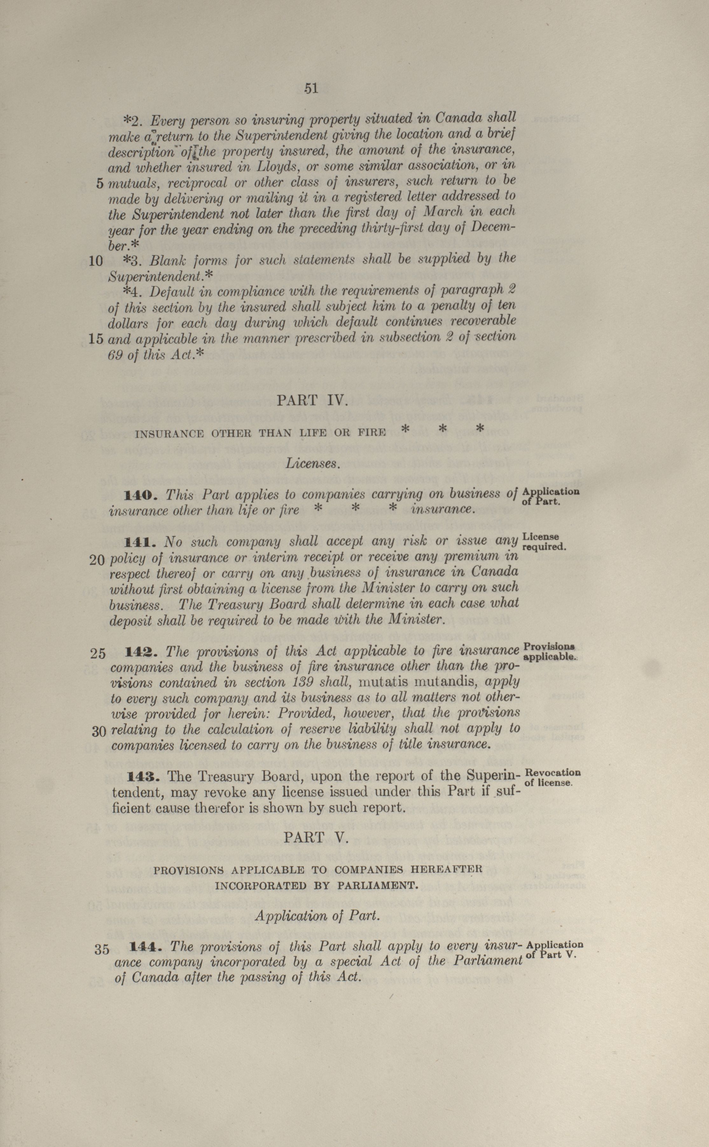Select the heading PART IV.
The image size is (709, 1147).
point(312,400)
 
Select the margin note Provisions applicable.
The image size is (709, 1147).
point(550,651)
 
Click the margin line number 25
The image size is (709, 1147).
point(98,653)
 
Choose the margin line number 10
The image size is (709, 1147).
point(96,261)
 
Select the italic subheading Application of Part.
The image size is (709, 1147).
point(316,916)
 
